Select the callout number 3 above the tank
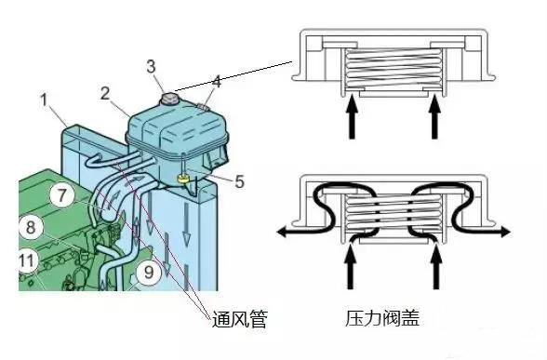(152, 66)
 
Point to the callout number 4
(216, 82)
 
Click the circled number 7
(60, 196)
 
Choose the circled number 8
(31, 225)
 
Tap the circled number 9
(146, 273)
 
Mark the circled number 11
(29, 260)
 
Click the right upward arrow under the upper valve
(435, 119)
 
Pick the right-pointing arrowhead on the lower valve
(504, 228)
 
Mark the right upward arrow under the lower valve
(435, 272)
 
